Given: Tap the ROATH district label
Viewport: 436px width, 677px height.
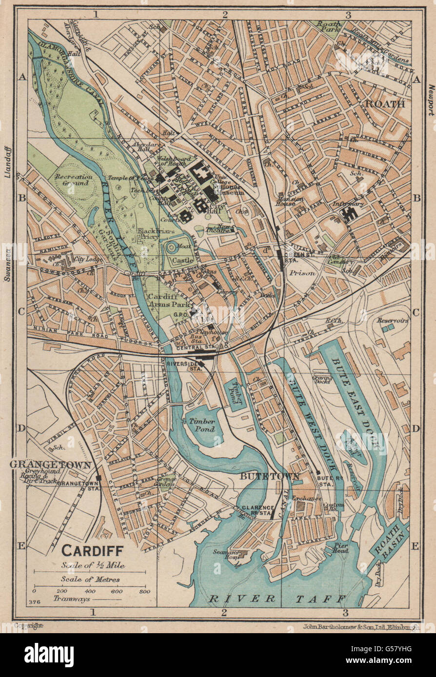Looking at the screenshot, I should click(385, 104).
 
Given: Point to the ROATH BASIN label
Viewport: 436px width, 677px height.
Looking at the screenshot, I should click(389, 540).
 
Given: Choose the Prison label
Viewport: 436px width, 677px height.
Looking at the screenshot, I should click(302, 273).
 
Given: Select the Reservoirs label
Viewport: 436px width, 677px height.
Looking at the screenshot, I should click(392, 320).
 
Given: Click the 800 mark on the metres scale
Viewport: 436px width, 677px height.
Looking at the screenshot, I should click(144, 591).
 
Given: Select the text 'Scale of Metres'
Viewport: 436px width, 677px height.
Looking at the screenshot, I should click(90, 579).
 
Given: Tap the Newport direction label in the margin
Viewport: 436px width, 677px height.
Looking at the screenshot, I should click(430, 100).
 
